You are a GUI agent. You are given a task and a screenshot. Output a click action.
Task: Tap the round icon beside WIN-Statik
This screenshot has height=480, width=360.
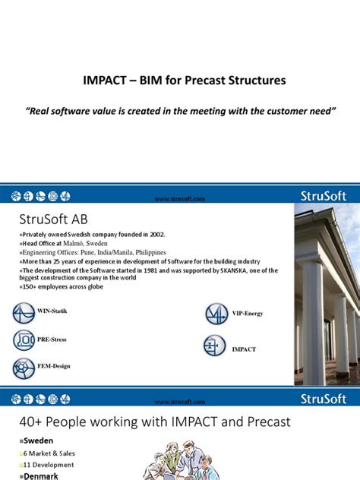(x=24, y=313)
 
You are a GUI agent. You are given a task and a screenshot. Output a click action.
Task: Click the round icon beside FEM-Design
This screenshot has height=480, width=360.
(x=24, y=368)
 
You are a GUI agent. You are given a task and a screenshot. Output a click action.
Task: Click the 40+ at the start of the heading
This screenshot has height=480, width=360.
(x=29, y=422)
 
